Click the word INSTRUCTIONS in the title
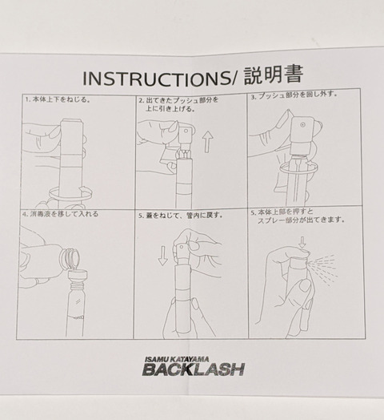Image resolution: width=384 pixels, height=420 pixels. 156,79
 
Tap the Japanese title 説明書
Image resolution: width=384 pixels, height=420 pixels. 274,75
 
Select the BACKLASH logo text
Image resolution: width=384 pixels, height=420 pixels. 193,370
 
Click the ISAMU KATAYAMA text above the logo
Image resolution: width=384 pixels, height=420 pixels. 177,359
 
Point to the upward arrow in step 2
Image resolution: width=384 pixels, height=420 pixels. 207,143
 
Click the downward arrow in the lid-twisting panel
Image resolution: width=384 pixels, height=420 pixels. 162,256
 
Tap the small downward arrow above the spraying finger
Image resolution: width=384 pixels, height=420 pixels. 302,242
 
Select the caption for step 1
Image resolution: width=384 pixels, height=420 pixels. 58,99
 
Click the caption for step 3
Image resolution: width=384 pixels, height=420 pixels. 294,95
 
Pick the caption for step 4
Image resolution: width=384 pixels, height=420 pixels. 61,214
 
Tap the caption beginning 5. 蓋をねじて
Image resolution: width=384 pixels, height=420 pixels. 181,216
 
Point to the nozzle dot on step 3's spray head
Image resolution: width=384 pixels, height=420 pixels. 302,124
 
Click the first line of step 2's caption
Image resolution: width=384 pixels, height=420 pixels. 178,101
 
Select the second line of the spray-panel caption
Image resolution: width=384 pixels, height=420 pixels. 300,220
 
